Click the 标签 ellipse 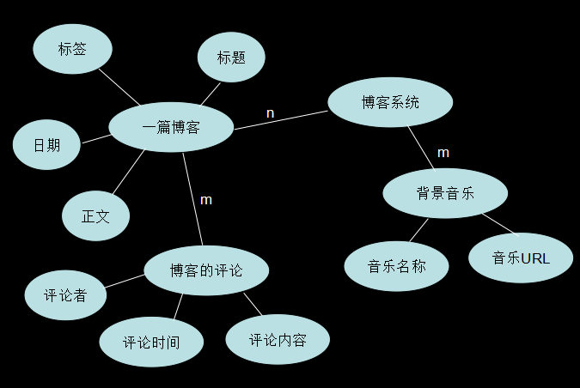click(73, 49)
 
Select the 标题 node click(231, 58)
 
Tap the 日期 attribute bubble click(46, 144)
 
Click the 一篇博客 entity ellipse click(171, 128)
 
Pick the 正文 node click(95, 215)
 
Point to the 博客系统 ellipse click(390, 102)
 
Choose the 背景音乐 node click(445, 192)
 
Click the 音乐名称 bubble click(397, 266)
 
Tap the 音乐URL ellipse click(521, 258)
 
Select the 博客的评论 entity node click(206, 270)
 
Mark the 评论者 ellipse click(66, 296)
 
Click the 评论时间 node click(151, 343)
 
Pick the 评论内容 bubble click(278, 339)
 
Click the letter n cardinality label click(271, 113)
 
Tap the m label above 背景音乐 click(443, 153)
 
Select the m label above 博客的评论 click(206, 200)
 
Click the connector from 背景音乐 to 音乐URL click(499, 223)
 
